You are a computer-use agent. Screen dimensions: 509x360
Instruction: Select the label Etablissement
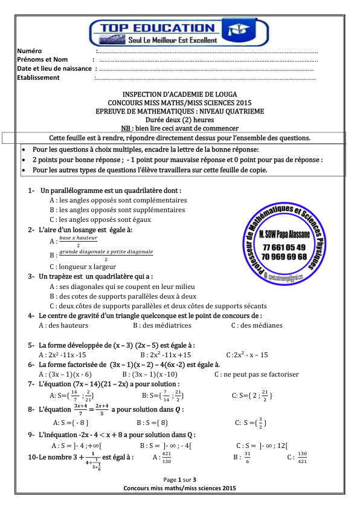click(39, 77)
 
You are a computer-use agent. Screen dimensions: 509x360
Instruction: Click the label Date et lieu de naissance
click(54, 68)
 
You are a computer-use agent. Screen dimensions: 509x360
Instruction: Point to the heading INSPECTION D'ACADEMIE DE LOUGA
click(179, 95)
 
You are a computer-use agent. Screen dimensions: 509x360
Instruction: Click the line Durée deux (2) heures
click(179, 120)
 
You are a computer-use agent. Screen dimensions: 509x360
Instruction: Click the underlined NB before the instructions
click(126, 128)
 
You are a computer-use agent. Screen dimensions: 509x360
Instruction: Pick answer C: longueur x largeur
click(83, 266)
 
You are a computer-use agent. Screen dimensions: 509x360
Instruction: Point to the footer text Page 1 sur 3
click(179, 479)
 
